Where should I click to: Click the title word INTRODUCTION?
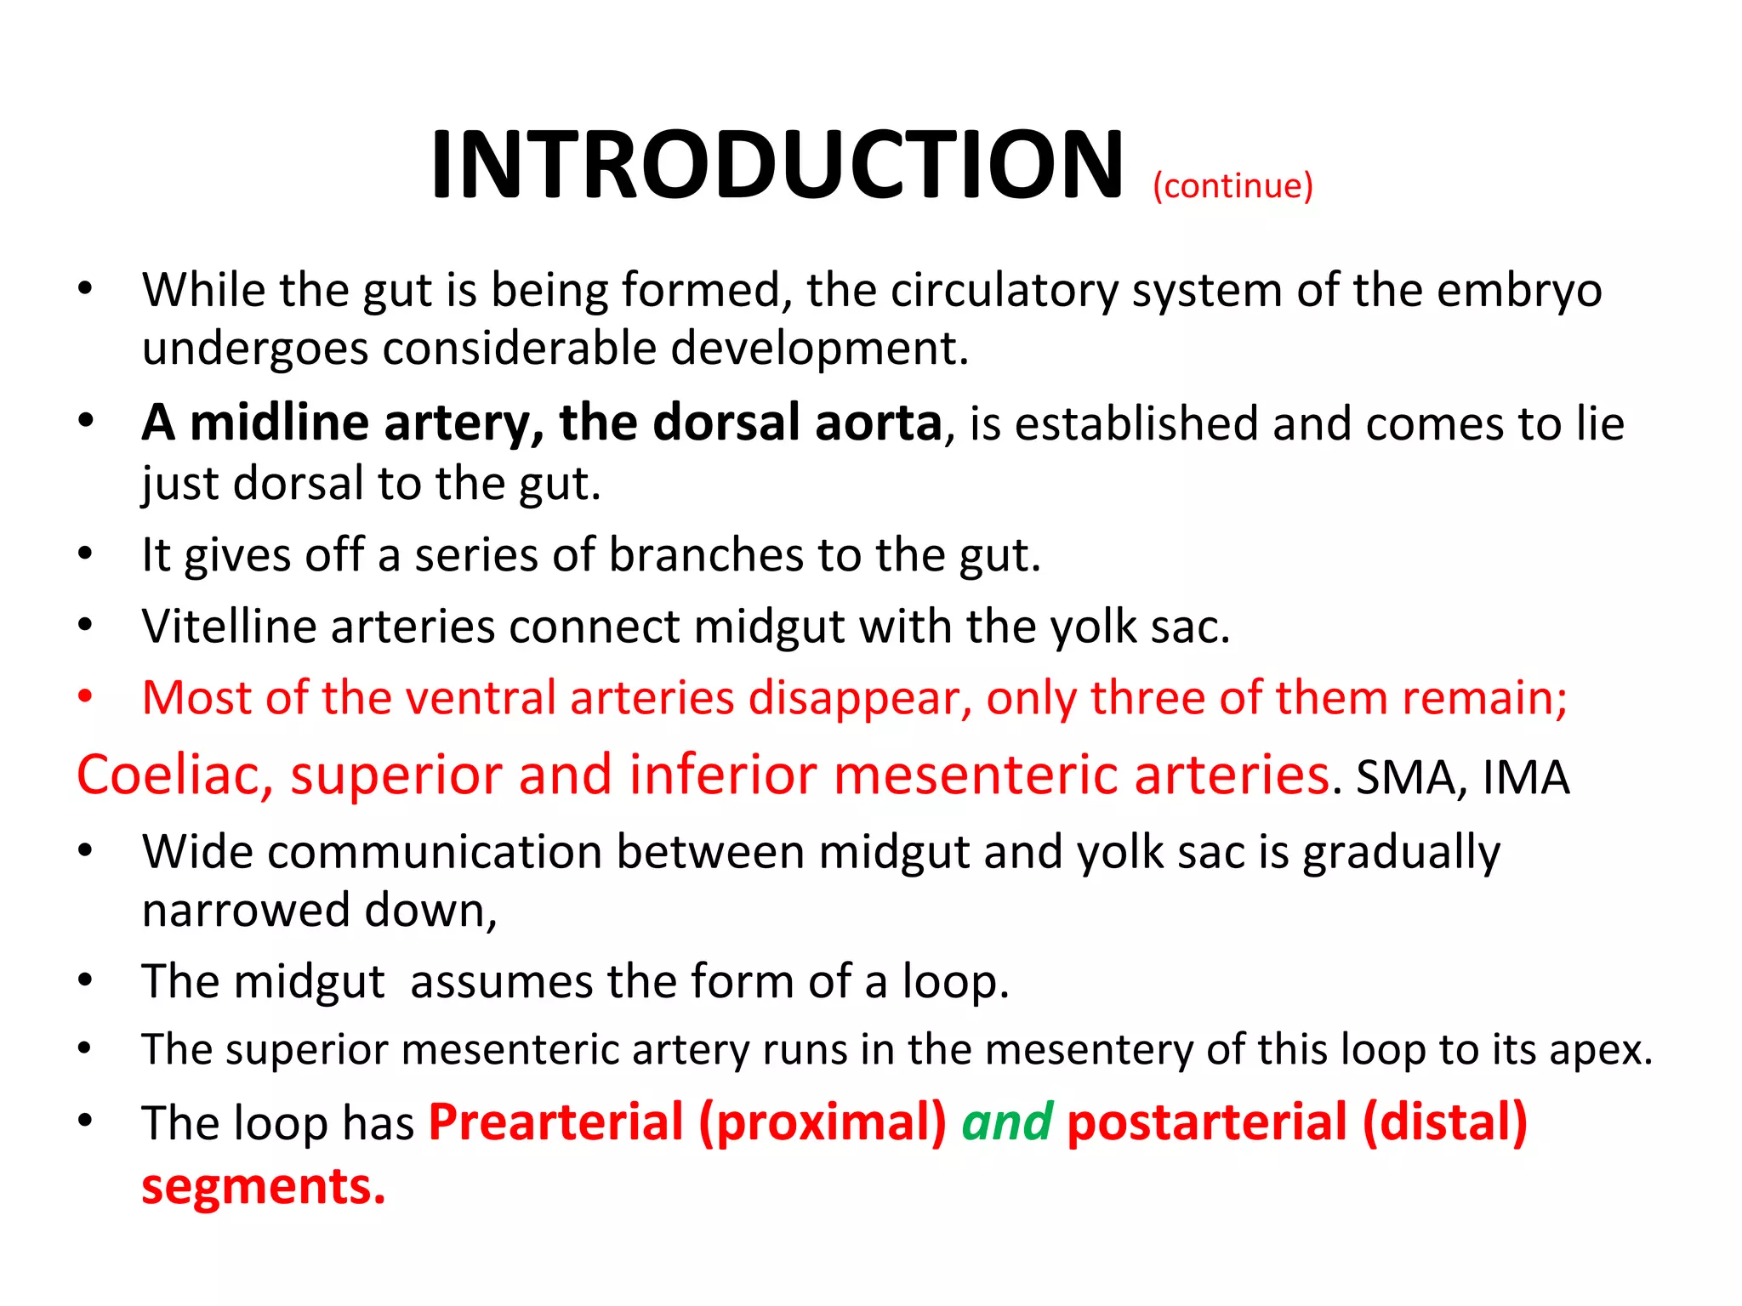tap(777, 165)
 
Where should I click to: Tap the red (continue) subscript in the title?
tap(1232, 185)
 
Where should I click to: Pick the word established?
tap(1136, 423)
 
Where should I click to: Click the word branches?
tap(706, 555)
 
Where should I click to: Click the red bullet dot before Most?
tap(84, 696)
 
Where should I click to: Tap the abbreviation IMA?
tap(1526, 777)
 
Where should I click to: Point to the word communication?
tap(435, 852)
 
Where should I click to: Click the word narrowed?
tap(247, 910)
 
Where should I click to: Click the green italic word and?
tap(1007, 1121)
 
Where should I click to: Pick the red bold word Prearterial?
tap(556, 1121)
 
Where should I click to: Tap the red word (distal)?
tap(1444, 1121)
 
